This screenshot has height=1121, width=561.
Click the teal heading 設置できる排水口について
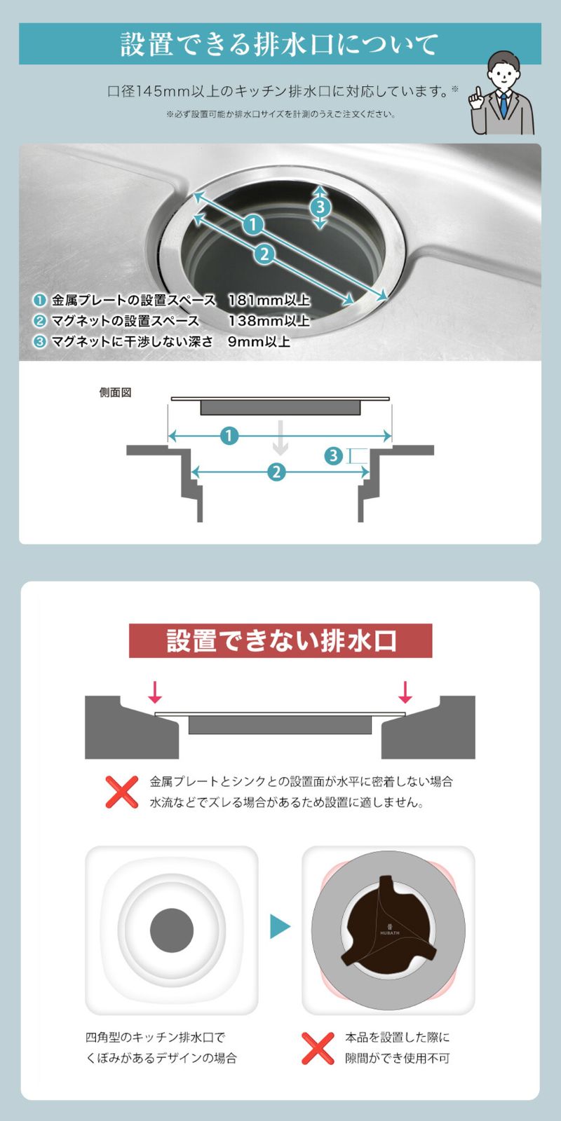pyautogui.click(x=280, y=44)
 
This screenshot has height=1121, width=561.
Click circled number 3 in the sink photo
pyautogui.click(x=320, y=207)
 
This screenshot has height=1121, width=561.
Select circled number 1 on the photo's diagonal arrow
pyautogui.click(x=253, y=224)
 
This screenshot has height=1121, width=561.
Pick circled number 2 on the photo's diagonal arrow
pyautogui.click(x=264, y=254)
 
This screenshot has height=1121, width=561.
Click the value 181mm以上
pyautogui.click(x=269, y=301)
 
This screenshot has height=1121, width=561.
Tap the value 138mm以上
pyautogui.click(x=269, y=321)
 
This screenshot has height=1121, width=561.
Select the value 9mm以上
pyautogui.click(x=259, y=341)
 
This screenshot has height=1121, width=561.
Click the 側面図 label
pyautogui.click(x=115, y=392)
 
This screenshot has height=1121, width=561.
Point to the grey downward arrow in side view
pyautogui.click(x=280, y=438)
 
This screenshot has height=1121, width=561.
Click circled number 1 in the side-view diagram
pyautogui.click(x=229, y=436)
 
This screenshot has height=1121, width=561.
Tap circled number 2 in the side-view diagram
pyautogui.click(x=276, y=472)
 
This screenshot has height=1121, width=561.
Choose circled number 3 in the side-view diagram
pyautogui.click(x=334, y=456)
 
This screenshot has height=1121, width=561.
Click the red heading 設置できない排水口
pyautogui.click(x=280, y=640)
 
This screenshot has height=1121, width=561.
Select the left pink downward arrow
pyautogui.click(x=155, y=692)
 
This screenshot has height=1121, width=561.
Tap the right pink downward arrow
pyautogui.click(x=405, y=692)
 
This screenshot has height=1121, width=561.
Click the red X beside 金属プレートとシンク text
pyautogui.click(x=122, y=792)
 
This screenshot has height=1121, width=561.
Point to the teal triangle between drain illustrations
pyautogui.click(x=280, y=926)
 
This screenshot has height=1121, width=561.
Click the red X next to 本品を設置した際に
pyautogui.click(x=318, y=1048)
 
